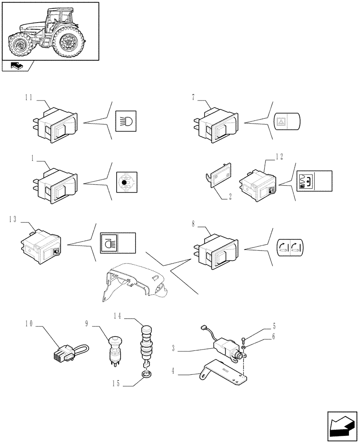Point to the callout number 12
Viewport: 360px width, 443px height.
(x=278, y=156)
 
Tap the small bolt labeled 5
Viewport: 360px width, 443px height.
(x=244, y=340)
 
